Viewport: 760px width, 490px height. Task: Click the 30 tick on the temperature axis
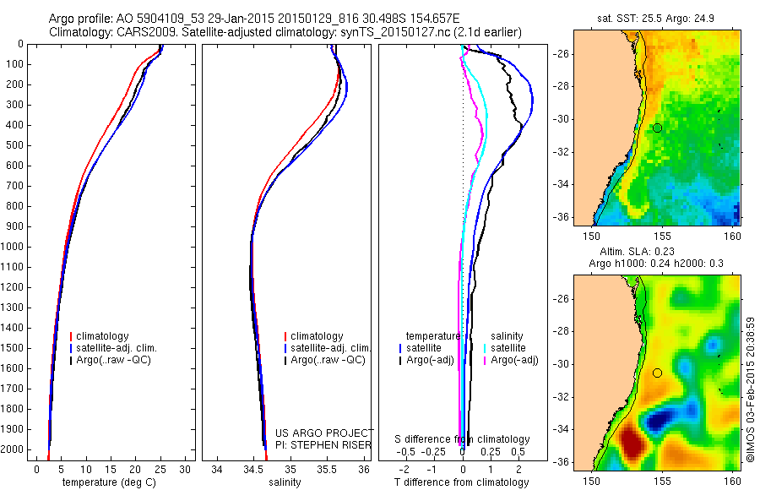click(x=186, y=469)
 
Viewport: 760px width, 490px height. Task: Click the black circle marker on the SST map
click(x=657, y=128)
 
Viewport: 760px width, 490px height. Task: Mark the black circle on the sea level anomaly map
click(x=657, y=373)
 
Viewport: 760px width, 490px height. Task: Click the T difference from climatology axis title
click(x=461, y=482)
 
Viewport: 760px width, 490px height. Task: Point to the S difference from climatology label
click(x=463, y=439)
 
